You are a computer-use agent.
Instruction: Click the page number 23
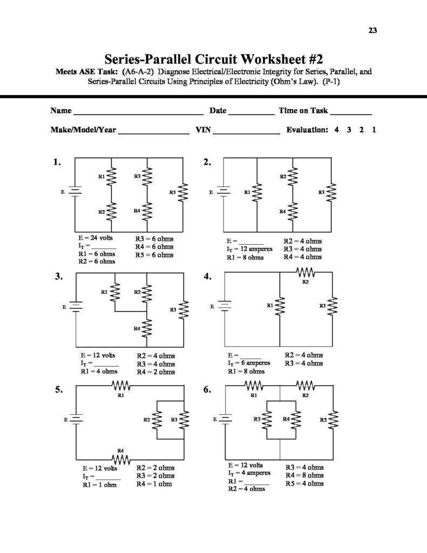point(372,30)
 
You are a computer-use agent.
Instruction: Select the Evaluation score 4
point(336,130)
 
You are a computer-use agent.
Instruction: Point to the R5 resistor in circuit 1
point(184,192)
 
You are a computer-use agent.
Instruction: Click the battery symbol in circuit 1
point(75,192)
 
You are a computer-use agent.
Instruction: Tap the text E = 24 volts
point(96,238)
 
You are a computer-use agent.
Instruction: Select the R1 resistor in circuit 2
point(257,192)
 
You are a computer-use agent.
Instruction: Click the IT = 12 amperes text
point(249,249)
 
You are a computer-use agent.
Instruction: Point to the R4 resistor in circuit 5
point(121,458)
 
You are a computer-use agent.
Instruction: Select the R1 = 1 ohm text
point(98,484)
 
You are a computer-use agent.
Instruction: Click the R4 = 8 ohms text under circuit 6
point(304,475)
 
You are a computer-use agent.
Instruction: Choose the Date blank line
point(251,113)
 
